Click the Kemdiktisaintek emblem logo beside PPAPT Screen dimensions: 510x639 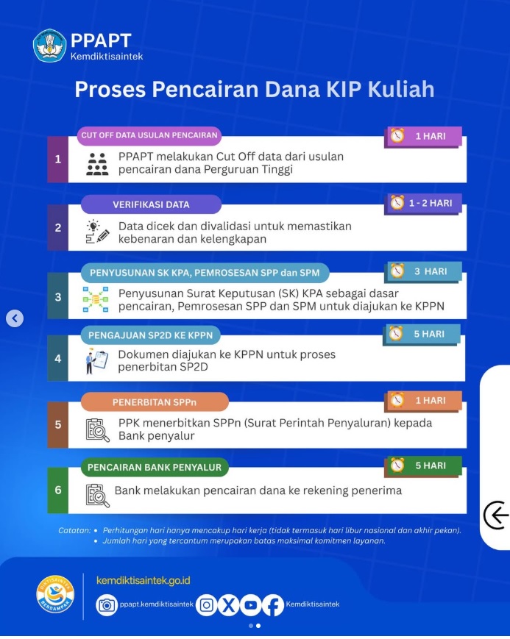click(49, 46)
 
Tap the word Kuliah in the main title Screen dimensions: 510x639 click(401, 89)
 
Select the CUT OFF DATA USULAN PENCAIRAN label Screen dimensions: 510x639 click(149, 135)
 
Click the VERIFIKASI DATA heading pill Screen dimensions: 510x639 click(151, 204)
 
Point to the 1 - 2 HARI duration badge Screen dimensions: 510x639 click(422, 204)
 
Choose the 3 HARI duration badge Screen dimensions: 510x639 click(422, 271)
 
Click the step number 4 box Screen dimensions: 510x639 click(58, 358)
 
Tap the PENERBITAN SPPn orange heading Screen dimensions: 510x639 click(155, 402)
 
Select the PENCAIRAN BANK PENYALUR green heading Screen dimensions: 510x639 click(155, 468)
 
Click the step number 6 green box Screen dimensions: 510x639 click(58, 490)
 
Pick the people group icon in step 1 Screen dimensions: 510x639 click(98, 164)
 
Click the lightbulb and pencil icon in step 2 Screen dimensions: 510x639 click(98, 232)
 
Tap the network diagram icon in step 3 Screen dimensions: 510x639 click(96, 299)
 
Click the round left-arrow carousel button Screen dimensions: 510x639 click(15, 318)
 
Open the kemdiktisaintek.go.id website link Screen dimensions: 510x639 click(144, 580)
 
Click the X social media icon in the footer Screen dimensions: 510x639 click(228, 605)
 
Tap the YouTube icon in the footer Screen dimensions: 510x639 click(250, 605)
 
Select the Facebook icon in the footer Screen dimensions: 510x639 click(273, 605)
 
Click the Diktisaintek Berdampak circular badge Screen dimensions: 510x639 click(55, 594)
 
